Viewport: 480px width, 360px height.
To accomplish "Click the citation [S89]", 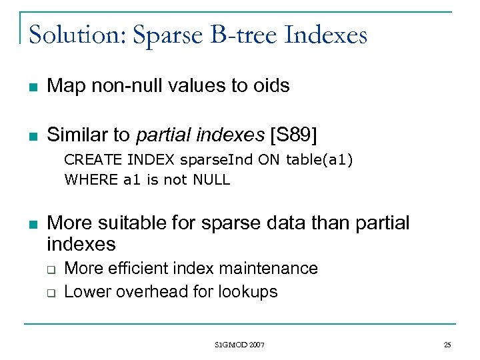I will (294, 135).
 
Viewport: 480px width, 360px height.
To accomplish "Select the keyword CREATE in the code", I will (85, 160).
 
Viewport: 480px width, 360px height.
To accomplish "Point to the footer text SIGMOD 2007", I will (240, 345).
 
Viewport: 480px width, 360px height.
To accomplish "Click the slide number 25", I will (447, 345).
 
